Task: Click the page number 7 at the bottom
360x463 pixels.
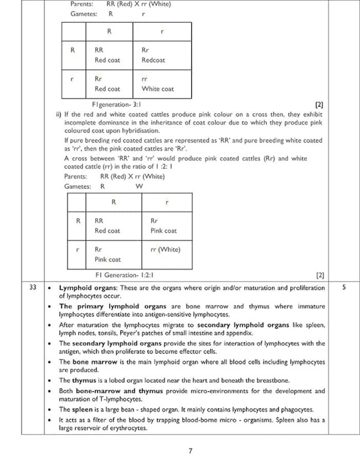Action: click(x=190, y=451)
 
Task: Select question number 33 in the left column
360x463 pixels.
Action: click(x=33, y=288)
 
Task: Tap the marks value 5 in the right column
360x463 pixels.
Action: click(x=344, y=288)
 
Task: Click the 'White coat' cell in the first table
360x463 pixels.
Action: click(x=157, y=89)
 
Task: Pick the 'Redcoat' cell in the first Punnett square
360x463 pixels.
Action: click(x=153, y=60)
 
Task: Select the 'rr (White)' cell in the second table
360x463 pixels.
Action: click(x=165, y=250)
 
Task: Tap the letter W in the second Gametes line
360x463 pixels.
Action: click(x=139, y=186)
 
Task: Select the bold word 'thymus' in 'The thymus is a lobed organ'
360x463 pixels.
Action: click(x=82, y=381)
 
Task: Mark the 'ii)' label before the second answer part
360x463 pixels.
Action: click(x=59, y=114)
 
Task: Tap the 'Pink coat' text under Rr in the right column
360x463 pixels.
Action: click(x=163, y=230)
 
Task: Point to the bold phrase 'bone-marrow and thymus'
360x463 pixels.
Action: click(x=120, y=391)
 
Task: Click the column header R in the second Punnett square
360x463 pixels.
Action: click(x=113, y=202)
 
